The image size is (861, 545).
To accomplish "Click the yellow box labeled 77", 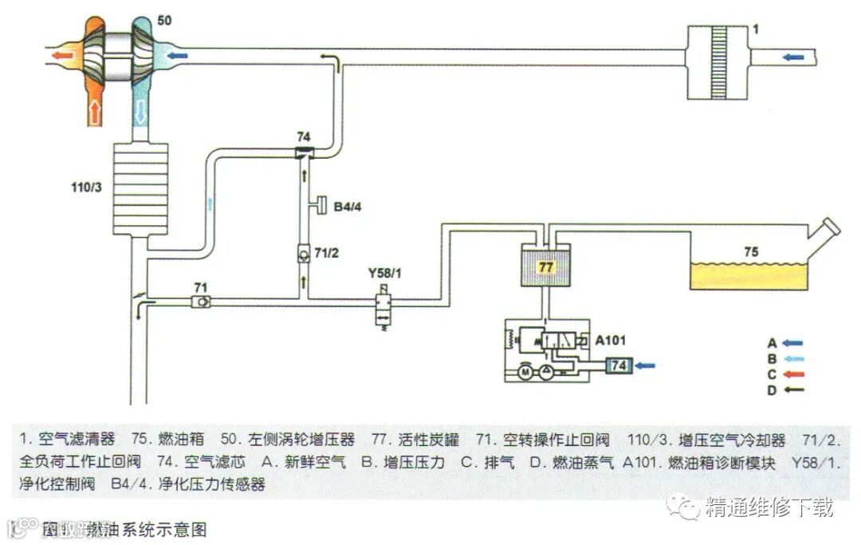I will tap(545, 267).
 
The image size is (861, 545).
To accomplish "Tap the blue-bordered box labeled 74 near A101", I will tap(618, 365).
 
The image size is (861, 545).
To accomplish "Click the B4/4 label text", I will tap(348, 207).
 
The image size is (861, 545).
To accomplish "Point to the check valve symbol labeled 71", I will tap(202, 302).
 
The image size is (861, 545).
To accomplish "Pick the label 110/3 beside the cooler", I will tap(88, 188).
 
